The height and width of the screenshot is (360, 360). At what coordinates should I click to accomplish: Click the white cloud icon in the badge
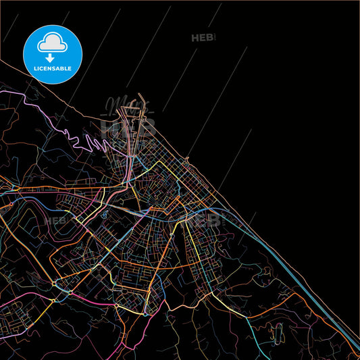pos(53,43)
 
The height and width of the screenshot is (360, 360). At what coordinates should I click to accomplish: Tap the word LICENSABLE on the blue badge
pos(53,68)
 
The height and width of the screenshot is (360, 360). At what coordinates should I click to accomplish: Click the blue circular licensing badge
pos(53,54)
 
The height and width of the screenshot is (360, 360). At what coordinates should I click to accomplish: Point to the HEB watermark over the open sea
pos(202,38)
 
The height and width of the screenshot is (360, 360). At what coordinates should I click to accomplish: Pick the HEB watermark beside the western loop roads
pos(55,220)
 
